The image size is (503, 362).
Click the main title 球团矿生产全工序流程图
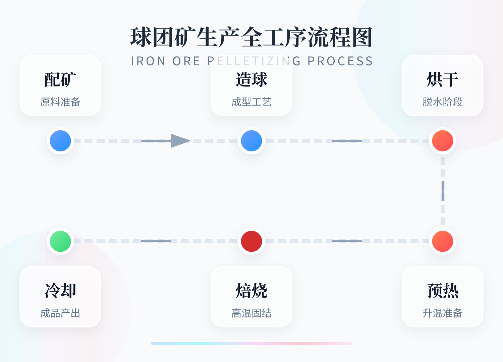[251, 37]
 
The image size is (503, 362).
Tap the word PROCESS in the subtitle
[340, 61]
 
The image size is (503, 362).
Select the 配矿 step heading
[60, 80]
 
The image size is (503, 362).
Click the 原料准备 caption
[60, 102]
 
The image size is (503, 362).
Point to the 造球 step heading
[251, 80]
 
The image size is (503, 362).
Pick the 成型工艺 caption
[251, 102]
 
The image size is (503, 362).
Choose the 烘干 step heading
[443, 80]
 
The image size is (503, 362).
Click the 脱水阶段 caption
[443, 102]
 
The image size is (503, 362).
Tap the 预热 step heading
[443, 291]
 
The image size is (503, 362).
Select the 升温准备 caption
[443, 313]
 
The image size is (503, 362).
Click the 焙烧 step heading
[251, 291]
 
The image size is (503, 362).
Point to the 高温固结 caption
[251, 313]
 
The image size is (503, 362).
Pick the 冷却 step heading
[60, 291]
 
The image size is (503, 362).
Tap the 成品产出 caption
[60, 313]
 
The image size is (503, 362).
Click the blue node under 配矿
[60, 141]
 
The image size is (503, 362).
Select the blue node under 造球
[251, 141]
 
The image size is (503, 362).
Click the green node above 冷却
[60, 241]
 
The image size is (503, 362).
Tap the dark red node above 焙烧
[251, 241]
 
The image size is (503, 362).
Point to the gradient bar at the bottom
[251, 343]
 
